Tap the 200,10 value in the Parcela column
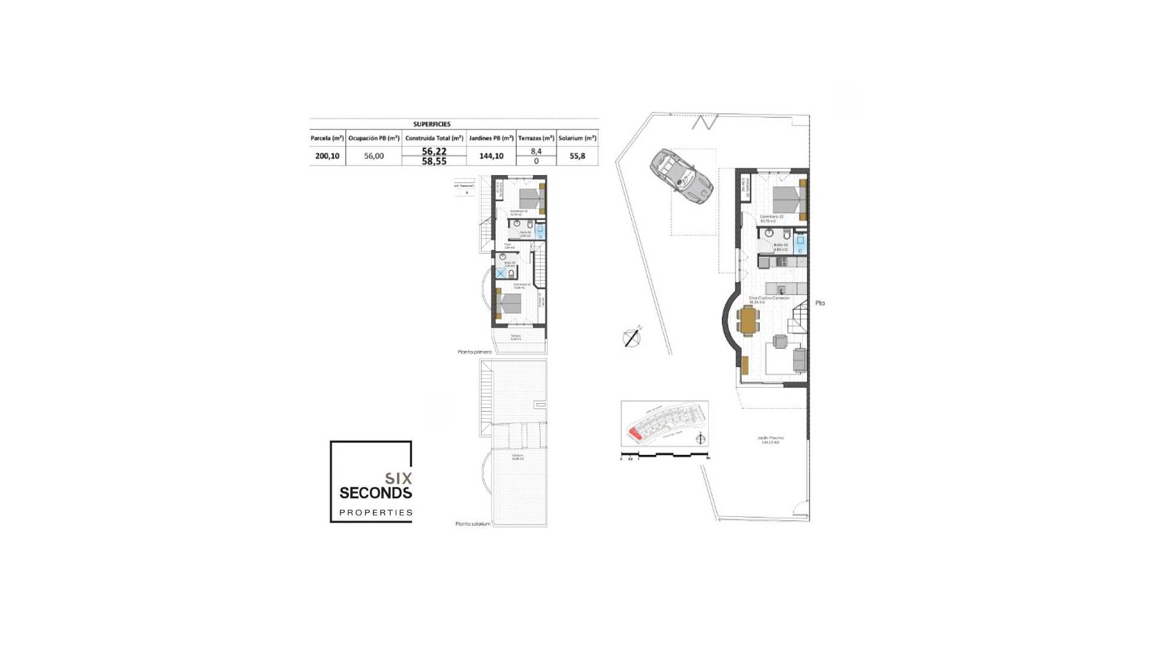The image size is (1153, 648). pyautogui.click(x=327, y=156)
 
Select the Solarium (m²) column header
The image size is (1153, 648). pyautogui.click(x=577, y=138)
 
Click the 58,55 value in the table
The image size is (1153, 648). pyautogui.click(x=434, y=161)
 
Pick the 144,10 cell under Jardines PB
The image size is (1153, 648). pyautogui.click(x=491, y=156)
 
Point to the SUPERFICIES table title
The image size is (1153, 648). pyautogui.click(x=432, y=124)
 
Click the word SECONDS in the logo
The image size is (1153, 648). pyautogui.click(x=375, y=493)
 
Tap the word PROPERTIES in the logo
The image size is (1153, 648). pyautogui.click(x=376, y=512)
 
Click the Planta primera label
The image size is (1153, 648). pyautogui.click(x=474, y=352)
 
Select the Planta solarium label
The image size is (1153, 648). pyautogui.click(x=473, y=524)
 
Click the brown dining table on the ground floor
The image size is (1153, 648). pyautogui.click(x=748, y=320)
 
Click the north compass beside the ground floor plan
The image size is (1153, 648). pyautogui.click(x=631, y=338)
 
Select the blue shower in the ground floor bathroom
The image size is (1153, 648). pyautogui.click(x=800, y=243)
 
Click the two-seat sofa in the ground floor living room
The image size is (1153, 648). pyautogui.click(x=799, y=360)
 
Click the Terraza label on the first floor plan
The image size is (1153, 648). pyautogui.click(x=516, y=337)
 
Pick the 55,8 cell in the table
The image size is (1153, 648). pyautogui.click(x=577, y=156)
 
